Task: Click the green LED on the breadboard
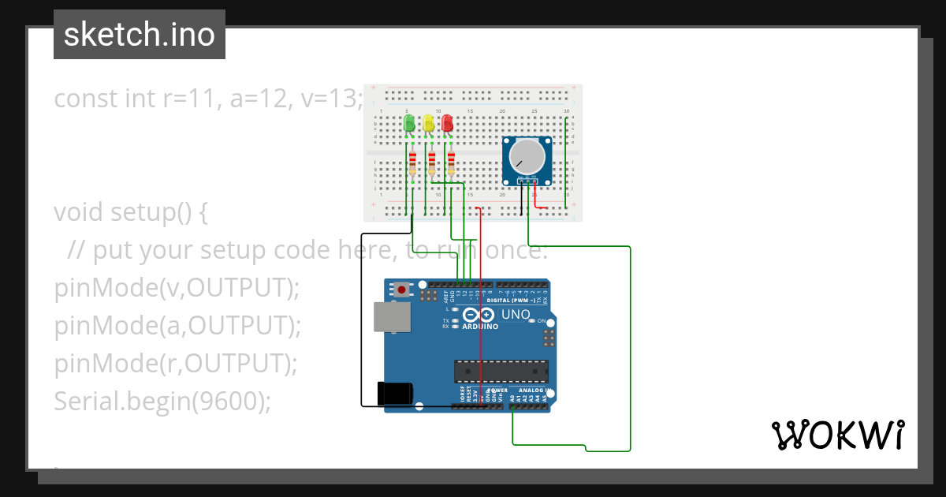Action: (408, 124)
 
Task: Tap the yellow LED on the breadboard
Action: (428, 124)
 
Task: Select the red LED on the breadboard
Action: (447, 124)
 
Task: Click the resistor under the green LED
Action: (412, 164)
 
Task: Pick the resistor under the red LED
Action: (451, 163)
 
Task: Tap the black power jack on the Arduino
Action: (395, 393)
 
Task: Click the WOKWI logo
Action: (837, 435)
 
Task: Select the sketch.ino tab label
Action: (140, 35)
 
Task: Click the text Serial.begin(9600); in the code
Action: (162, 402)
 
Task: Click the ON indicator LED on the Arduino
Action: (532, 321)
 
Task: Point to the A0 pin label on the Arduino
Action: (513, 399)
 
